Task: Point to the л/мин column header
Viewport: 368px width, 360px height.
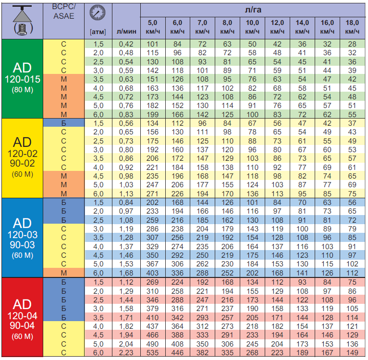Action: coord(127,32)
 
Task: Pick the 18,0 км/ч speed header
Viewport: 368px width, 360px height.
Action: coord(352,27)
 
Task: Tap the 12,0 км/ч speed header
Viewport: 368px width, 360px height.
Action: coord(277,27)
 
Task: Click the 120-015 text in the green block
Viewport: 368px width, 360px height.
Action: coord(22,79)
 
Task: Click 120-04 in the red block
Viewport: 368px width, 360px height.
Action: coord(22,316)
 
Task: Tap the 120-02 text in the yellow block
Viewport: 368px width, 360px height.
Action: coord(22,154)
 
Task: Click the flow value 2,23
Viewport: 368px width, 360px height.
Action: coord(127,353)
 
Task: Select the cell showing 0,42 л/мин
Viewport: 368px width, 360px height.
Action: coord(127,45)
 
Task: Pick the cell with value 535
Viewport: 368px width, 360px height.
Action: coord(152,353)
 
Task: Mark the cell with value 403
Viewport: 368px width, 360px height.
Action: coord(152,273)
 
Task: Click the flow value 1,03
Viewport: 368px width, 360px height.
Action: coord(127,184)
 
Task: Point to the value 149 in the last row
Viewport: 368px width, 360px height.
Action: coord(352,353)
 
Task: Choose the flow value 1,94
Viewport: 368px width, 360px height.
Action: coord(127,334)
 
